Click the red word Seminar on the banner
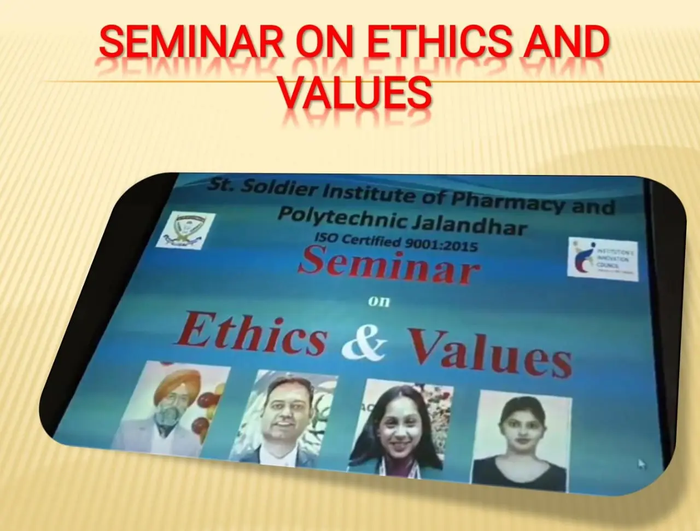389,265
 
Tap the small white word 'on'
378,300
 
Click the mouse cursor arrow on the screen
641,464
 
